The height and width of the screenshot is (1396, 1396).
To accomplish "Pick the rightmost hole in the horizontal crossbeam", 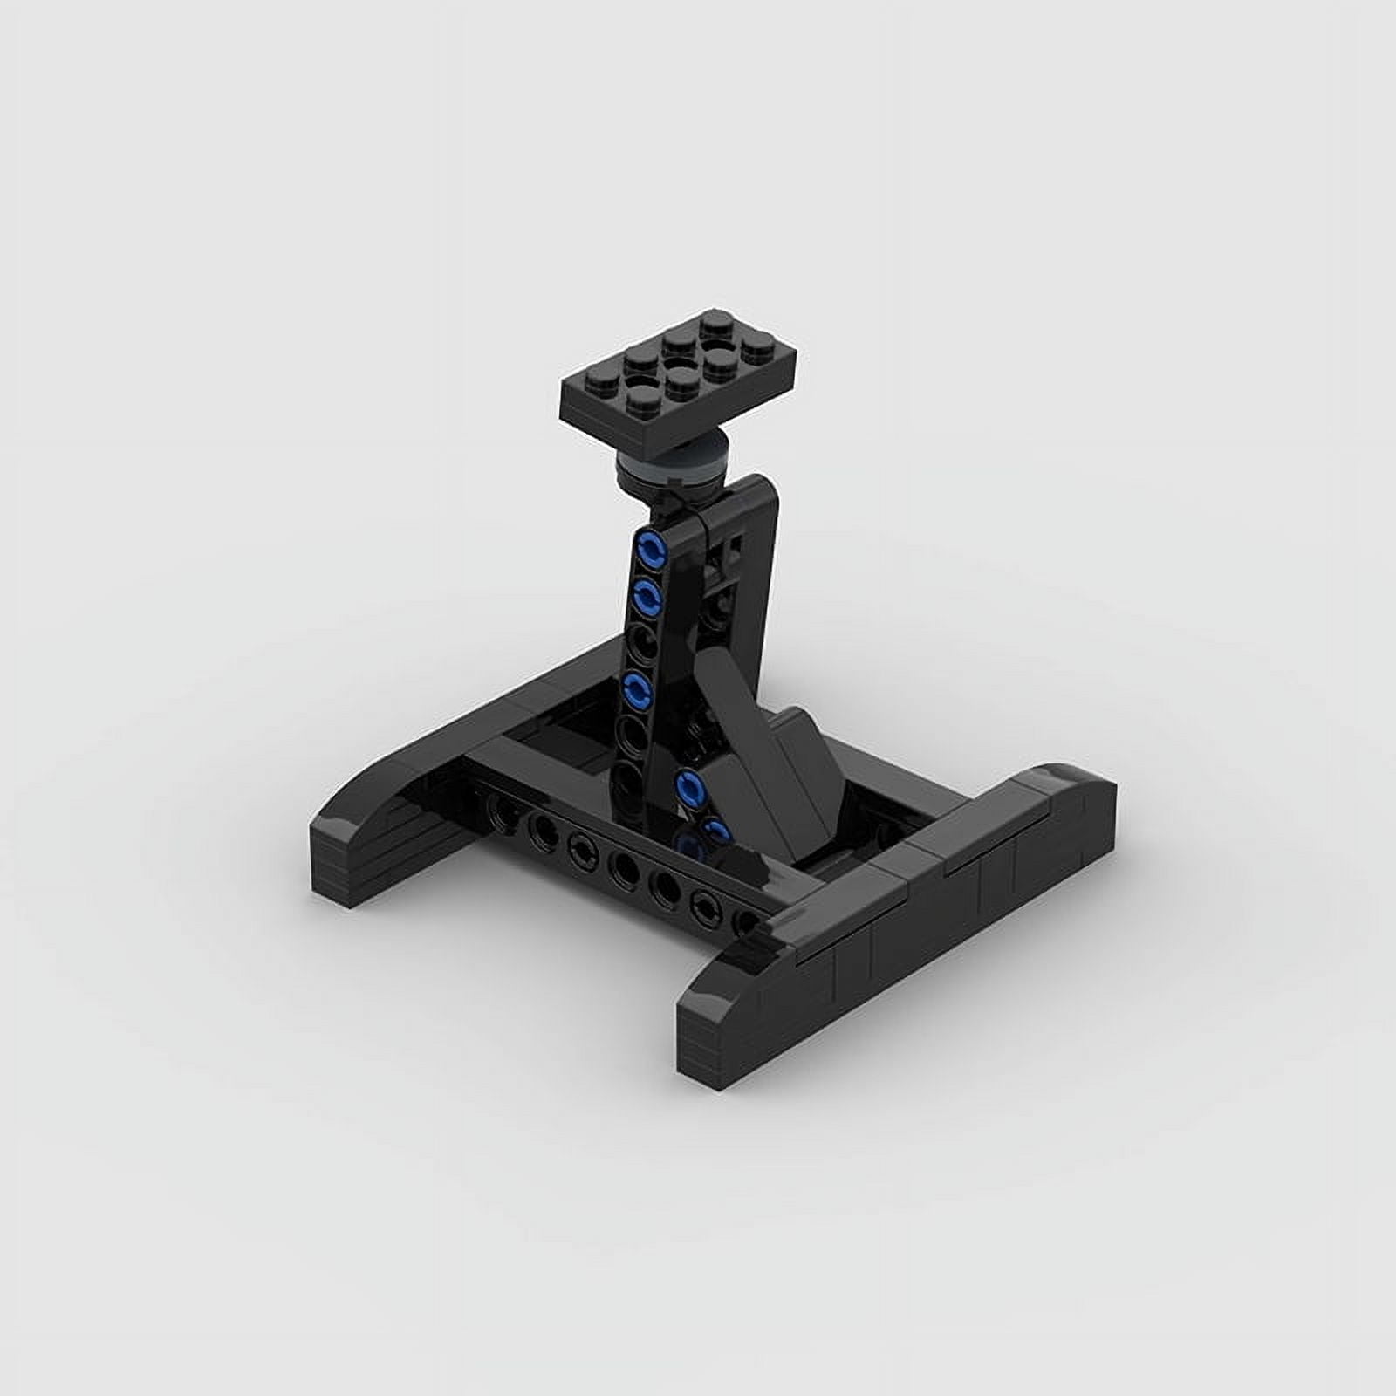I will (745, 918).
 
